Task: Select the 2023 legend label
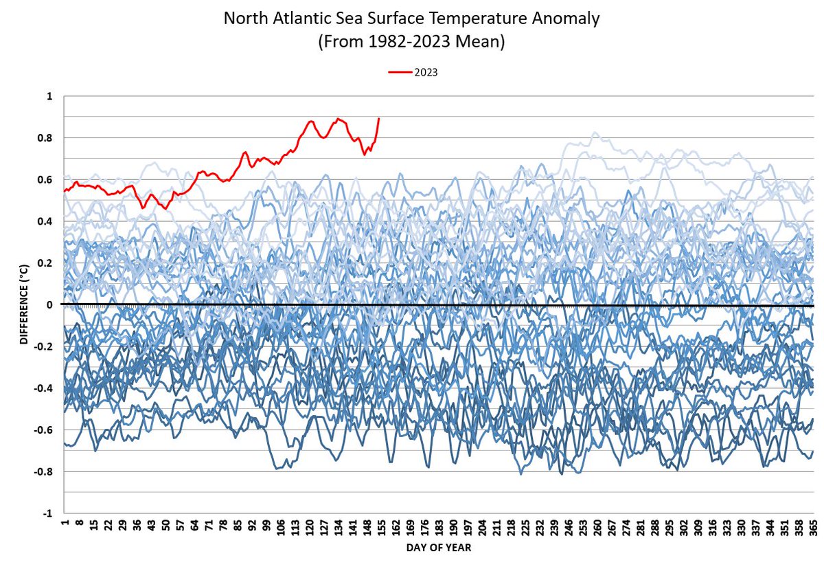[x=425, y=71]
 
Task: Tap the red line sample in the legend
[x=399, y=71]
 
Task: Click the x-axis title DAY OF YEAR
[x=437, y=548]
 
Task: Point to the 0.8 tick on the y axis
[x=47, y=138]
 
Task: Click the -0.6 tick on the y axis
[x=45, y=430]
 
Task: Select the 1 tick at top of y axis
[x=50, y=96]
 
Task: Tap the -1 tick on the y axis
[x=48, y=513]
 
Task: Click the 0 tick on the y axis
[x=50, y=304]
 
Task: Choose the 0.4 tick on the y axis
[x=47, y=221]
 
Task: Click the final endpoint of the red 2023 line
[x=379, y=118]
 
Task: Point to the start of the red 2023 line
[x=64, y=191]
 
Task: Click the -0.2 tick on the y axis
[x=45, y=346]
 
